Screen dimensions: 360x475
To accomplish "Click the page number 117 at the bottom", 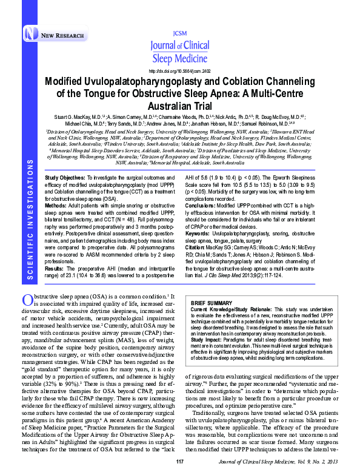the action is tap(179, 462).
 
